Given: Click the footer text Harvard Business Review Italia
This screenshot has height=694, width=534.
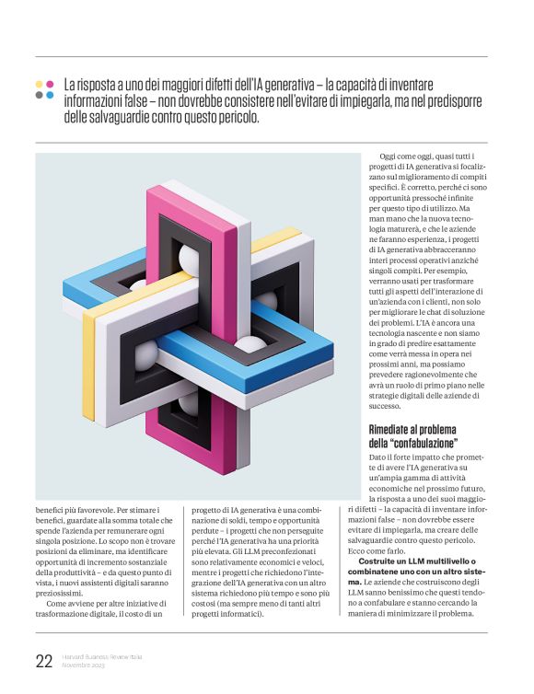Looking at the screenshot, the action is click(x=101, y=656).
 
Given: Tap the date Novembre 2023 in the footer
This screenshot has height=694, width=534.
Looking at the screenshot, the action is click(x=84, y=665).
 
